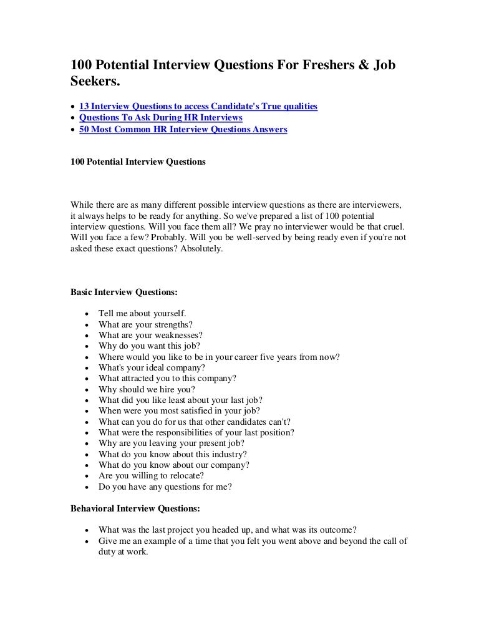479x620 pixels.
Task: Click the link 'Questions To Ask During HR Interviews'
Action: pyautogui.click(x=161, y=118)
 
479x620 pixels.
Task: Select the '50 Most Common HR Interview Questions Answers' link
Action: pyautogui.click(x=183, y=130)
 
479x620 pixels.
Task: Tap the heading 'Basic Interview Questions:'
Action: pyautogui.click(x=124, y=291)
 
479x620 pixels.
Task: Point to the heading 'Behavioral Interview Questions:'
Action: pyautogui.click(x=135, y=509)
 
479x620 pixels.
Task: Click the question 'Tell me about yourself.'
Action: pyautogui.click(x=142, y=313)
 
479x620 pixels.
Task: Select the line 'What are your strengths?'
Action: pyautogui.click(x=145, y=324)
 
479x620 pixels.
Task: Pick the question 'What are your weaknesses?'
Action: pyautogui.click(x=150, y=335)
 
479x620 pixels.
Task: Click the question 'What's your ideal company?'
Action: pyautogui.click(x=152, y=367)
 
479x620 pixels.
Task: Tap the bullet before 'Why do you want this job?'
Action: pyautogui.click(x=85, y=346)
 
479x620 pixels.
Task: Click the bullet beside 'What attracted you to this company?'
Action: pyautogui.click(x=85, y=379)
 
